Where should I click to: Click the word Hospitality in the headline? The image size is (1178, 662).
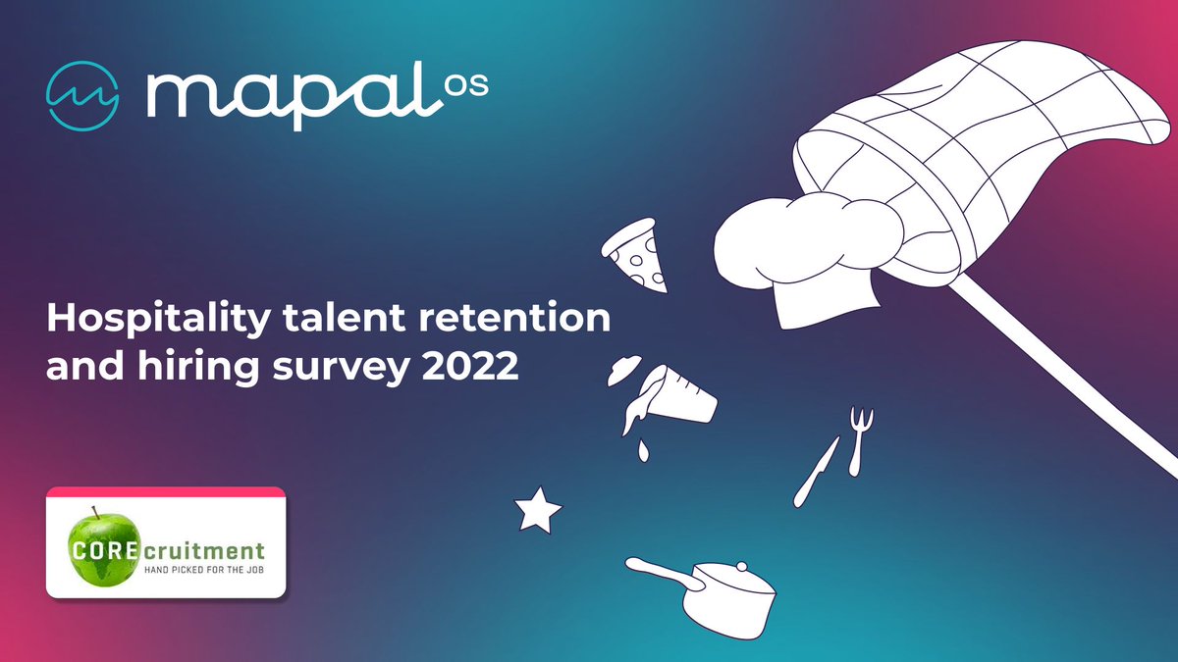pyautogui.click(x=144, y=318)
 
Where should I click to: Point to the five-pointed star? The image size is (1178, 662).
pyautogui.click(x=538, y=510)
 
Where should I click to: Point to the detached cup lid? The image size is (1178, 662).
pyautogui.click(x=625, y=372)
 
